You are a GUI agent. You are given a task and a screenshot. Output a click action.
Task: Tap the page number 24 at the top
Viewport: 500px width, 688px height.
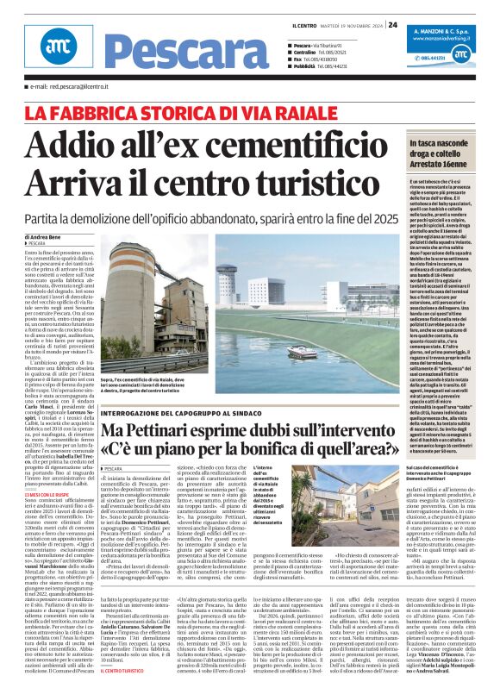(x=392, y=24)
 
